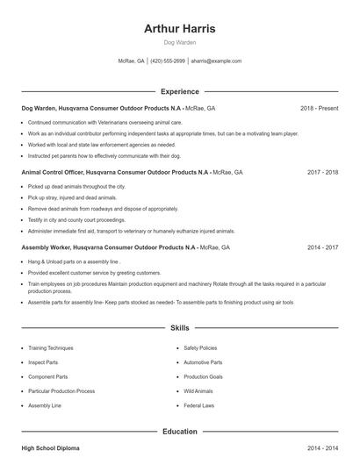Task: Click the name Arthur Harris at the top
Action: (179, 28)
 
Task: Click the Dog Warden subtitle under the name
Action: (179, 42)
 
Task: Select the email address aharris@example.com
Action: (215, 61)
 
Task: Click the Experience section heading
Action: (179, 91)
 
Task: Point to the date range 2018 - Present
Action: (319, 108)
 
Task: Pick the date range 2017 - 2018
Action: (322, 173)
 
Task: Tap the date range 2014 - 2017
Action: (322, 248)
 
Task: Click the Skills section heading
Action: (179, 328)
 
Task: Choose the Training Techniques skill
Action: (51, 347)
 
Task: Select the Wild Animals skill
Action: (198, 391)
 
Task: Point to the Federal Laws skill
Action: (199, 406)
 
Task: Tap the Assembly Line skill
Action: (45, 406)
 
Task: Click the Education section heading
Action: (179, 432)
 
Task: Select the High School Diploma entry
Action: (50, 448)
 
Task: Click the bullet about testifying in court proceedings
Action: (76, 219)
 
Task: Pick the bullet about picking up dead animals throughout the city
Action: (76, 187)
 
